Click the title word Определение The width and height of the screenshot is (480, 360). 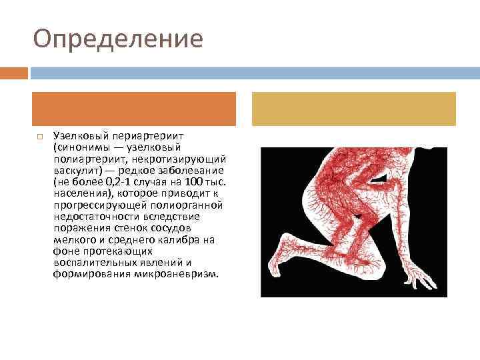click(118, 38)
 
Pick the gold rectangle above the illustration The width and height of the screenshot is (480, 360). click(353, 109)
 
